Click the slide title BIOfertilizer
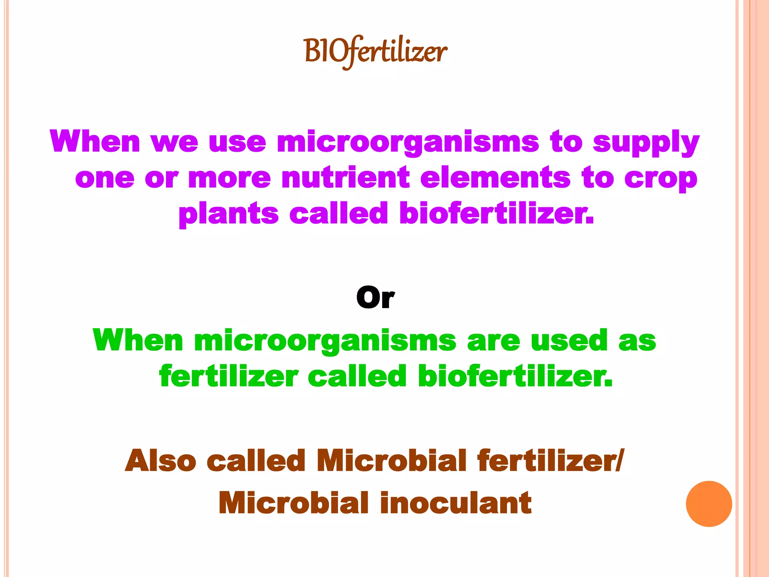[x=375, y=52]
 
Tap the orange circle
[x=709, y=504]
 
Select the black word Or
[x=375, y=298]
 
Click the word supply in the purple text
[x=646, y=143]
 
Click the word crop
[x=661, y=179]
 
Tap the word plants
[x=228, y=214]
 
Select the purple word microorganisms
[x=408, y=143]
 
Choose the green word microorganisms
[x=325, y=341]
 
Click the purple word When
[x=95, y=142]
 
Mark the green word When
[x=138, y=340]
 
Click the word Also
[x=160, y=461]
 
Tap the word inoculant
[x=455, y=503]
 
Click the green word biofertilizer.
[x=515, y=376]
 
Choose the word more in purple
[x=229, y=178]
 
